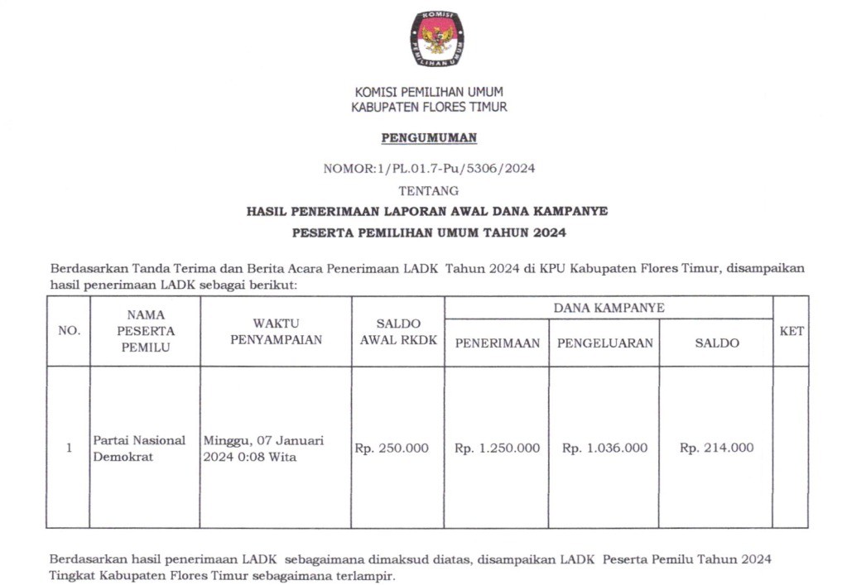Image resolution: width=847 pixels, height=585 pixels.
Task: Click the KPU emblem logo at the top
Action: [436, 39]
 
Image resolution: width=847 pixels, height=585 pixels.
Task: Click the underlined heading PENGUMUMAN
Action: [429, 137]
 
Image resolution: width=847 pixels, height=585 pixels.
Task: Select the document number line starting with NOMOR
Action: [429, 169]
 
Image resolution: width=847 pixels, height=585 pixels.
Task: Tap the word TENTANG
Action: [429, 190]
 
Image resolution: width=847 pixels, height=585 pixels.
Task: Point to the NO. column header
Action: [69, 331]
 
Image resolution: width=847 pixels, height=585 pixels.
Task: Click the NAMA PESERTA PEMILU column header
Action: [146, 331]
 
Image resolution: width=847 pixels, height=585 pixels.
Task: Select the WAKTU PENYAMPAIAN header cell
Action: [276, 331]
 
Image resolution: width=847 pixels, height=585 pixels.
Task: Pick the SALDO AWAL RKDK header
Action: [398, 331]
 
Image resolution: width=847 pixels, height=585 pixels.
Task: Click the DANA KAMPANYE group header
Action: [609, 308]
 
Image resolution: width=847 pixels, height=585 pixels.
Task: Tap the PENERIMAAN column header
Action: [497, 343]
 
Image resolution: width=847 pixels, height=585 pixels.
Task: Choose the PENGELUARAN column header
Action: [604, 343]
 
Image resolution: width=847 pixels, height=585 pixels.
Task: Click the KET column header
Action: [792, 331]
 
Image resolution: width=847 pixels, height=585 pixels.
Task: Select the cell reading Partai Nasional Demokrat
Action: [139, 448]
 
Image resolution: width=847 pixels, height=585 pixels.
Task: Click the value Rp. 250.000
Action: [392, 448]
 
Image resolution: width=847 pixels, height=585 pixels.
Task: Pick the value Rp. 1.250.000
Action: [497, 448]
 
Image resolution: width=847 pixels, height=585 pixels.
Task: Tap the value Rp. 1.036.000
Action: [604, 448]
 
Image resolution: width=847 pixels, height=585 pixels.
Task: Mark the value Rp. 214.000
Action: [716, 448]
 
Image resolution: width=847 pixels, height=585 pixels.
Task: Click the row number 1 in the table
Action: [69, 448]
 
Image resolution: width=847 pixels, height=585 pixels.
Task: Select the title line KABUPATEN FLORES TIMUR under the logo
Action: [429, 108]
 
